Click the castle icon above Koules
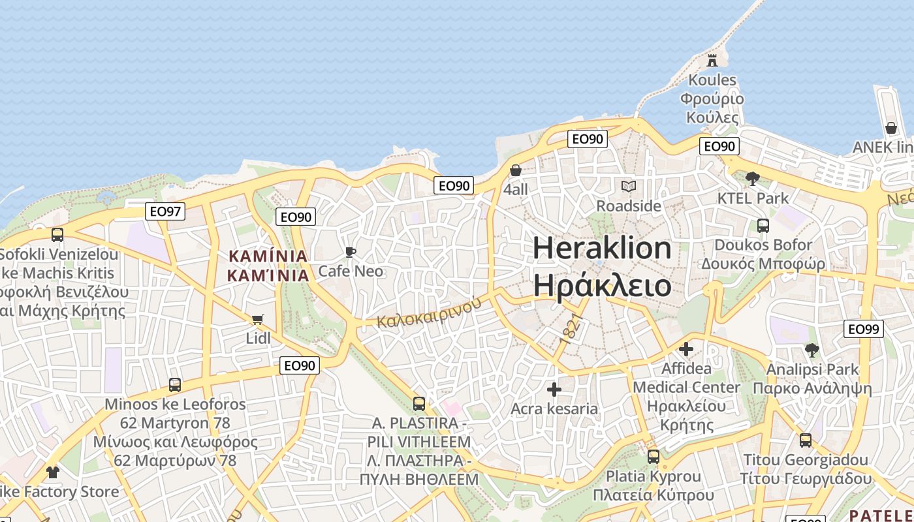click(x=712, y=61)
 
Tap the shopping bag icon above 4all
click(x=516, y=170)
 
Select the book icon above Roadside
click(x=628, y=187)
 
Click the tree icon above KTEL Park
click(x=752, y=178)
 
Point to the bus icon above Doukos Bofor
click(x=763, y=226)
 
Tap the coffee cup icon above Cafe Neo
click(x=351, y=252)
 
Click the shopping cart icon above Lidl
click(x=258, y=319)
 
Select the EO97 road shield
click(x=166, y=211)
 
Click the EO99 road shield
click(x=863, y=329)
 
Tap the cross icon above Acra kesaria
click(x=554, y=390)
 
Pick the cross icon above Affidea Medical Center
click(x=686, y=349)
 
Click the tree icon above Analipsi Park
click(x=812, y=350)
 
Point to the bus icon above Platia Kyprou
click(x=653, y=457)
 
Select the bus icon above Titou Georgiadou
click(x=806, y=440)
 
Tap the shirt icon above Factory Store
click(x=52, y=472)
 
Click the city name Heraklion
click(x=602, y=248)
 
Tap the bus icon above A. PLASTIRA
click(x=419, y=404)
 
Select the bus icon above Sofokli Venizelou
click(x=57, y=235)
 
